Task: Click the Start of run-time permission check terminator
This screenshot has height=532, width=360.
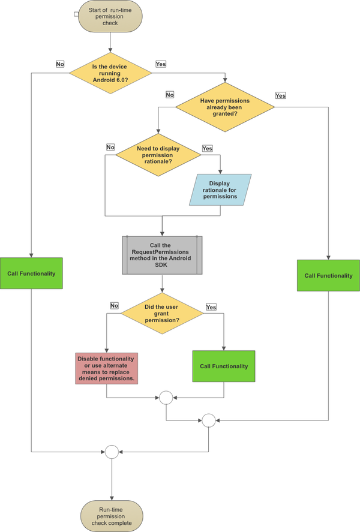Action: (x=109, y=17)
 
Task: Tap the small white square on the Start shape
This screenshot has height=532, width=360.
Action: (x=76, y=13)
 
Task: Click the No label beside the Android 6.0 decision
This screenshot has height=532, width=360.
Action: (x=60, y=64)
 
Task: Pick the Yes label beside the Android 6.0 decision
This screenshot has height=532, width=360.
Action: (x=161, y=64)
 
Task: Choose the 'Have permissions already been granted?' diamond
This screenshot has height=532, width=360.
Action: (x=224, y=106)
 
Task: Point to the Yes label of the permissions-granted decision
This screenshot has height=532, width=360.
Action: (x=280, y=95)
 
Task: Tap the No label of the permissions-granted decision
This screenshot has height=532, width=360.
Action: (x=170, y=95)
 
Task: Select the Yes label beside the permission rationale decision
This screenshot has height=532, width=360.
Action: (x=208, y=148)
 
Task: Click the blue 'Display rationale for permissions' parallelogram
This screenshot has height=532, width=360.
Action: (x=220, y=190)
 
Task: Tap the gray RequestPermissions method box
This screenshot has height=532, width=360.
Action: (x=162, y=254)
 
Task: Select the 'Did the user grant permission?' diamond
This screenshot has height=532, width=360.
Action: (x=162, y=312)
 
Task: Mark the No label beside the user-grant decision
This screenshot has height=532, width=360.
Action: (x=114, y=305)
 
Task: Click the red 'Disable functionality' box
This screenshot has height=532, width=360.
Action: (x=106, y=368)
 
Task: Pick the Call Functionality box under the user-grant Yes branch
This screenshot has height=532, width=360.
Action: (x=223, y=366)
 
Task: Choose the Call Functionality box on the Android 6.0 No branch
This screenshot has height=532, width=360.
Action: (x=31, y=273)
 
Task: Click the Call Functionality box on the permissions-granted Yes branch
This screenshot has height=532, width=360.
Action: (x=328, y=275)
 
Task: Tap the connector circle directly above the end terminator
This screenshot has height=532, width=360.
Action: (x=111, y=452)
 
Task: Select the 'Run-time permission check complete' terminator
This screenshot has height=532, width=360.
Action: (x=112, y=515)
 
